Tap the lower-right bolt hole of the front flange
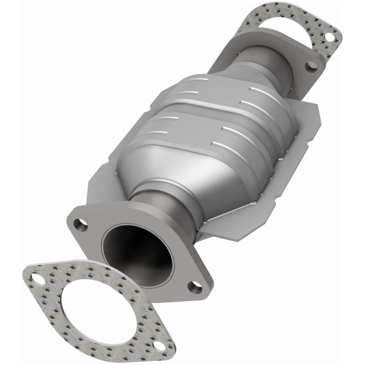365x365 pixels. (195, 286)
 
